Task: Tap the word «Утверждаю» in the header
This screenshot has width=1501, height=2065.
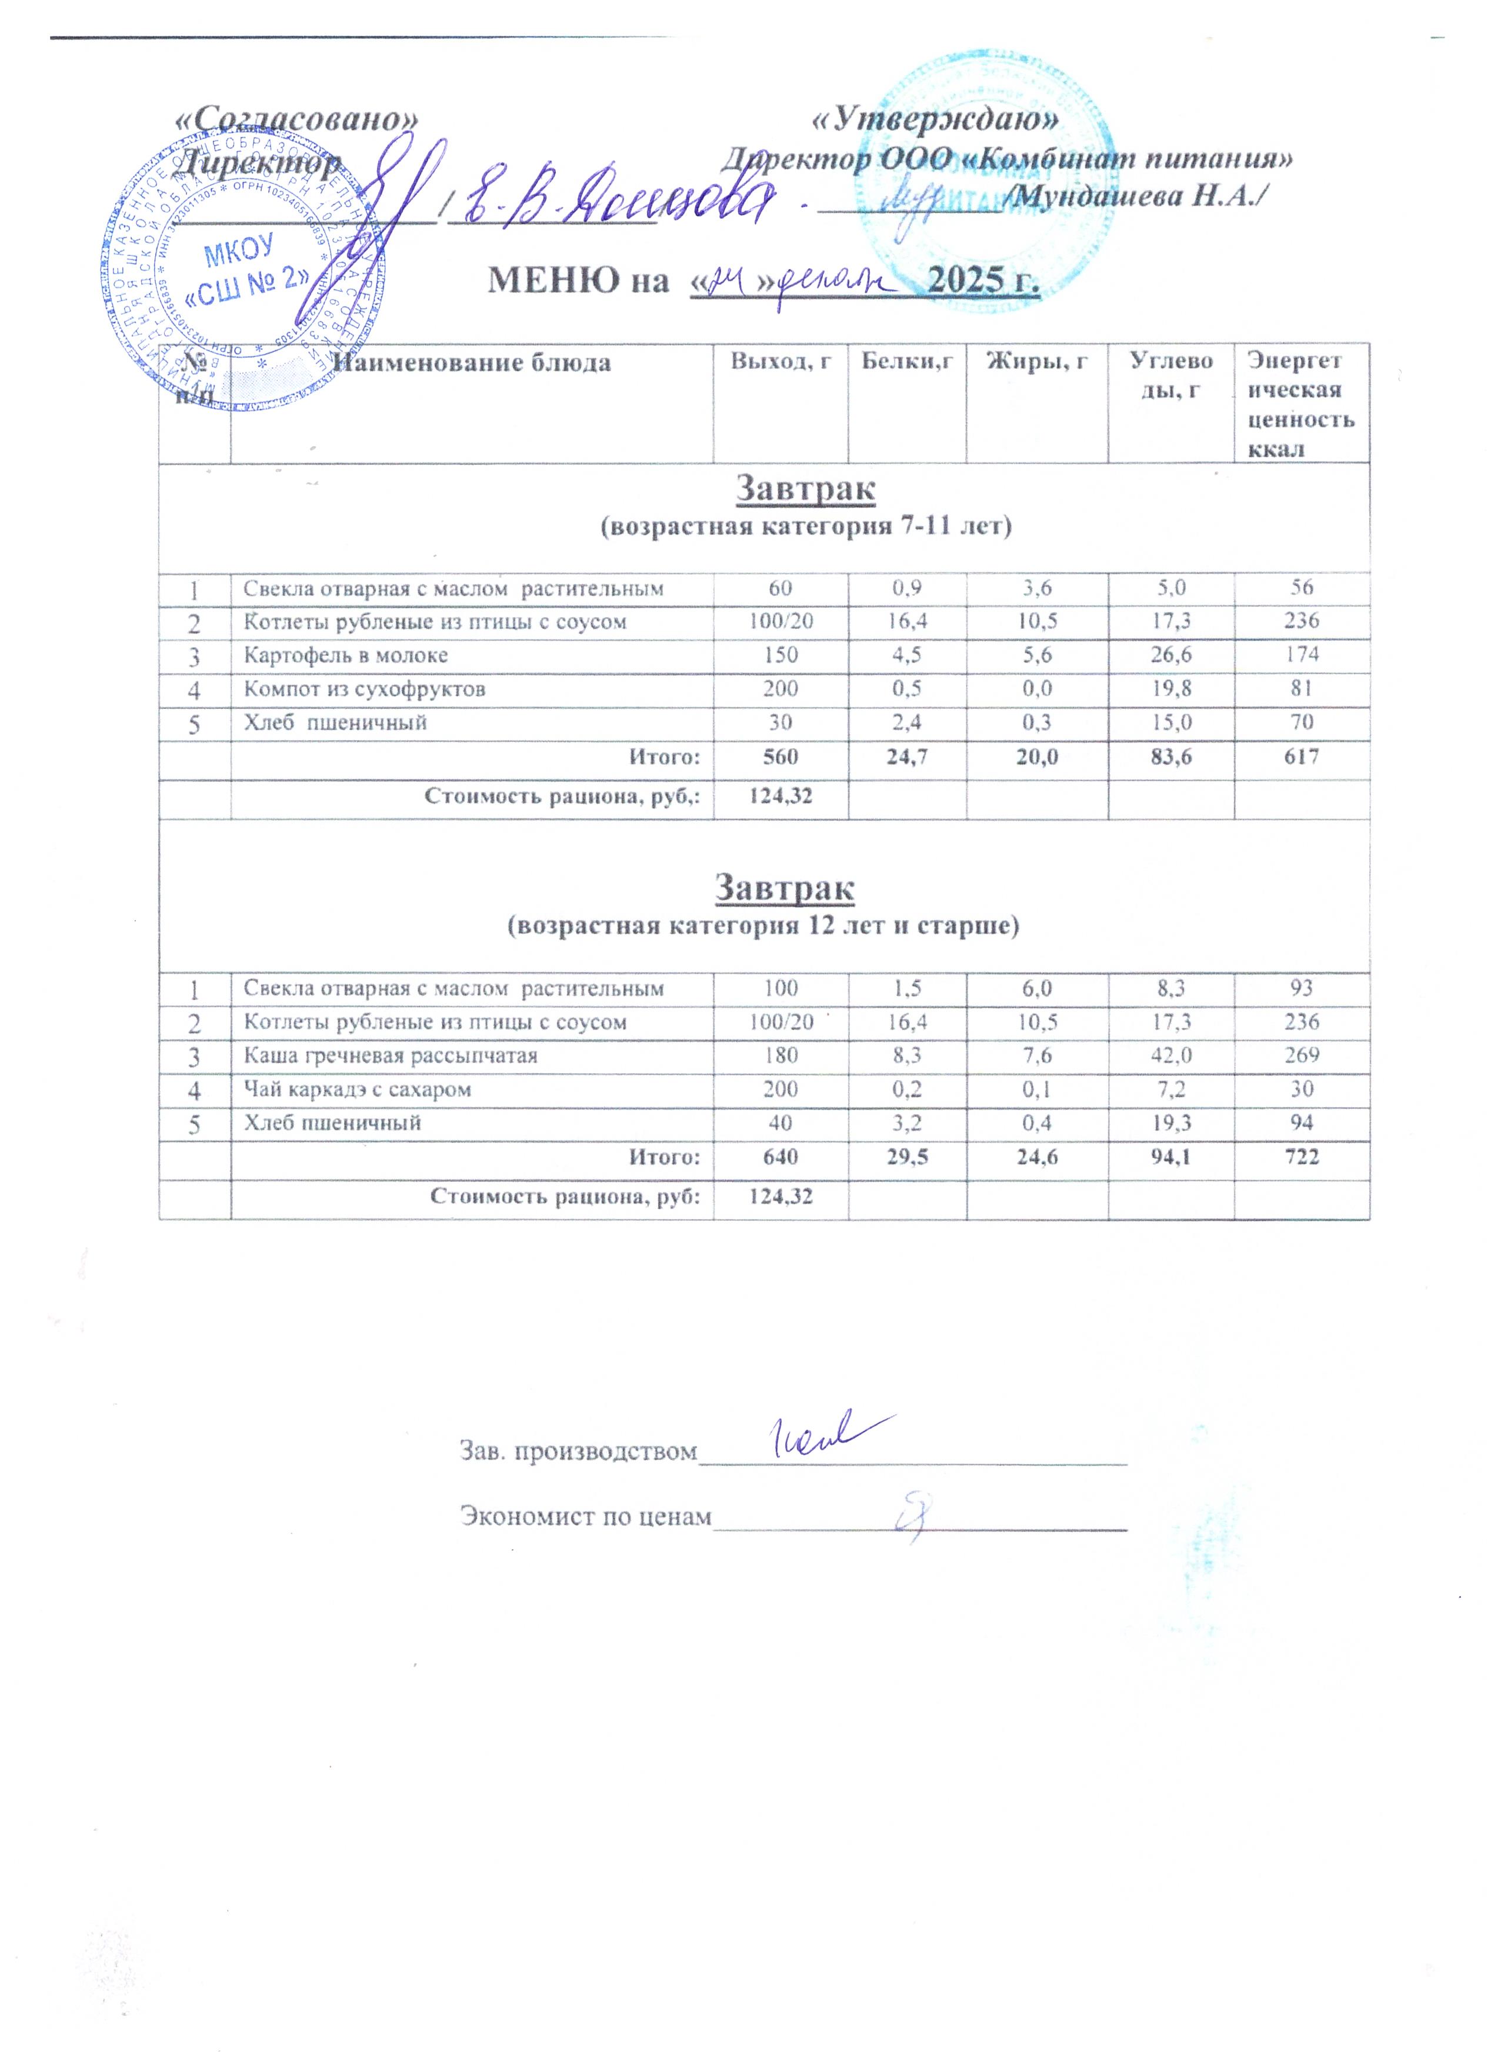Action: pyautogui.click(x=936, y=119)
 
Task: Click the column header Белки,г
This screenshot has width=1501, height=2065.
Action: pyautogui.click(x=906, y=361)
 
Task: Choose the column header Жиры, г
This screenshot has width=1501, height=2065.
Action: pyautogui.click(x=1036, y=361)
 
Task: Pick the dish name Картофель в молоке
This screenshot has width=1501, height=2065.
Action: pyautogui.click(x=346, y=655)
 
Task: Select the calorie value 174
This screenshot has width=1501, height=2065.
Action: pyautogui.click(x=1301, y=655)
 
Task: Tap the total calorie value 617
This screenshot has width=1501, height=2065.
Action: pyautogui.click(x=1301, y=756)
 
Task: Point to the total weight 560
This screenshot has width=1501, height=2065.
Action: pyautogui.click(x=780, y=756)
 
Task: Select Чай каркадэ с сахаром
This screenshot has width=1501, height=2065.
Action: pyautogui.click(x=358, y=1089)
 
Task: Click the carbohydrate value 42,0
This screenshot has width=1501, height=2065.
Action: pyautogui.click(x=1170, y=1055)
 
